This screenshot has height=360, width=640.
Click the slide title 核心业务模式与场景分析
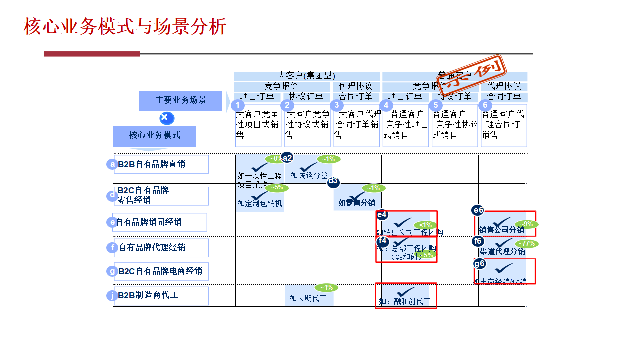125,27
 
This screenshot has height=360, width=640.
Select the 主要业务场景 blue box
180,100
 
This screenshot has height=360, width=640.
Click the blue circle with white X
167,118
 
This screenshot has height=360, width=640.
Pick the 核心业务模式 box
154,135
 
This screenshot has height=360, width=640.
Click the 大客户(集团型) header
306,76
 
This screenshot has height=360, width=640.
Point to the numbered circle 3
336,105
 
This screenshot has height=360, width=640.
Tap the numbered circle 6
484,105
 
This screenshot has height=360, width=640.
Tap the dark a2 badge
287,158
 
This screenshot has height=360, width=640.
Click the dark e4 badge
382,215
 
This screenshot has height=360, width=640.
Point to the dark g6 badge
479,263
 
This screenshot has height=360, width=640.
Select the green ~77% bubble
527,244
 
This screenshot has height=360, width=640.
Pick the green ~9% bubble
527,224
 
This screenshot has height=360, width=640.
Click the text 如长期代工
308,298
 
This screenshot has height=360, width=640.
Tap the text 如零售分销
357,203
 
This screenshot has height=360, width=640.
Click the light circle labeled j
111,295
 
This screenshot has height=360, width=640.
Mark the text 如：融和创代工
405,302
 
